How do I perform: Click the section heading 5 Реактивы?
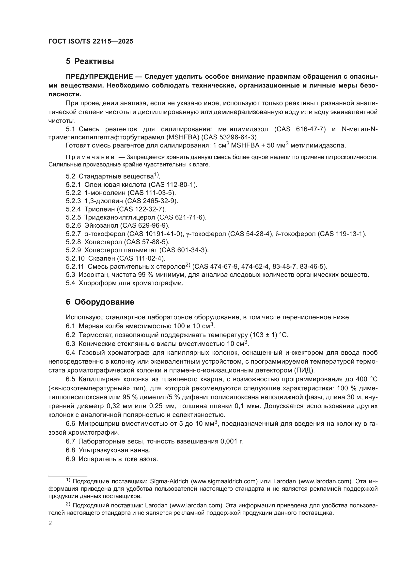pos(90,61)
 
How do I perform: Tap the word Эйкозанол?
pos(101,225)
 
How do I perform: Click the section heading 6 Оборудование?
pos(100,302)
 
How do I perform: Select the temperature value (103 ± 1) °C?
pos(269,335)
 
